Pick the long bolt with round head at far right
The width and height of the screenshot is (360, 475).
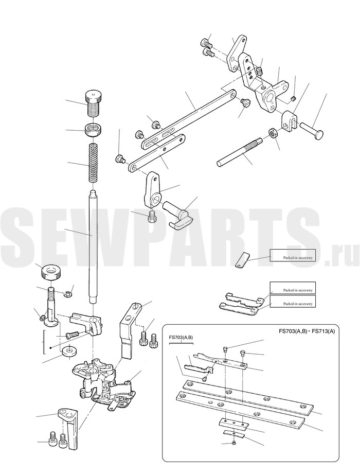coord(312,129)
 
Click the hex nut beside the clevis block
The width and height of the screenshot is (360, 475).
coord(272,133)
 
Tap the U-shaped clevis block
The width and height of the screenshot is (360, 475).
coord(290,121)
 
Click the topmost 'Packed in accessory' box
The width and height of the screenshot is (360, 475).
coord(293,255)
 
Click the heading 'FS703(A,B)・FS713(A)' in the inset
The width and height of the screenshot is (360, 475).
coord(307,331)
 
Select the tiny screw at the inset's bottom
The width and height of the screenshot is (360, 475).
coord(233,443)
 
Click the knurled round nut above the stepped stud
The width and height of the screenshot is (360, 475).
coord(50,272)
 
